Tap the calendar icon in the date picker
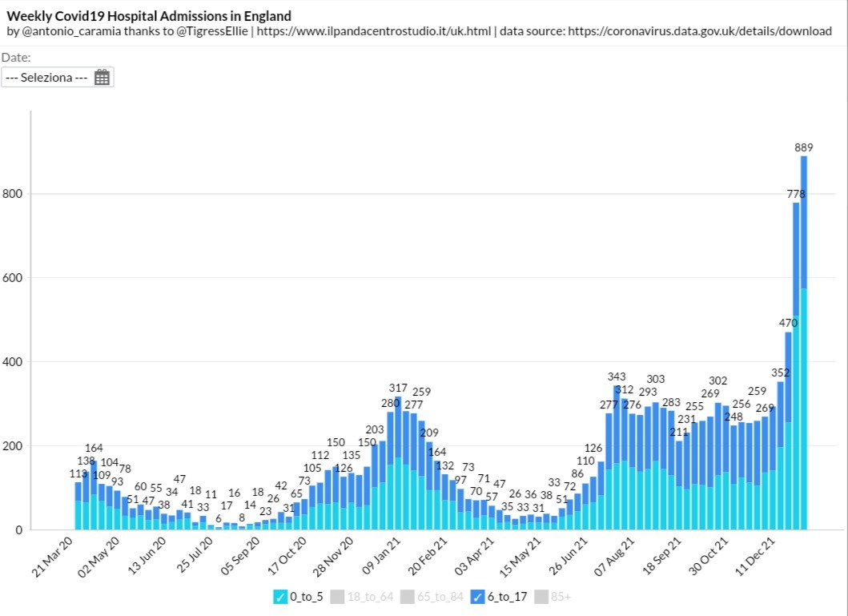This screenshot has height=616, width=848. pyautogui.click(x=102, y=78)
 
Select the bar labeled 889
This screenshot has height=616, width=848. pyautogui.click(x=804, y=344)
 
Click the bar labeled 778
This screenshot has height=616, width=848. pyautogui.click(x=796, y=368)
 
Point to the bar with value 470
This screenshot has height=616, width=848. pyautogui.click(x=788, y=433)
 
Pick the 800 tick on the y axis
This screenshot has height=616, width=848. pyautogui.click(x=14, y=194)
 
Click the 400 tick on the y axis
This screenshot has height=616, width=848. pyautogui.click(x=14, y=362)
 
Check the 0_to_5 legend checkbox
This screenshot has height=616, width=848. pyautogui.click(x=279, y=597)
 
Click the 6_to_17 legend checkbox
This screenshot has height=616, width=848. pyautogui.click(x=477, y=597)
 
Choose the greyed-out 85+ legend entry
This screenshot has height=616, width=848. pyautogui.click(x=552, y=597)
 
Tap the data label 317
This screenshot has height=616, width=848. pyautogui.click(x=398, y=388)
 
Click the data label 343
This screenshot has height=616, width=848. pyautogui.click(x=617, y=376)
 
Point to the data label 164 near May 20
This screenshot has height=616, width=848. pyautogui.click(x=94, y=448)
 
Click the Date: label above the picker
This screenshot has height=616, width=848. pyautogui.click(x=16, y=58)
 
